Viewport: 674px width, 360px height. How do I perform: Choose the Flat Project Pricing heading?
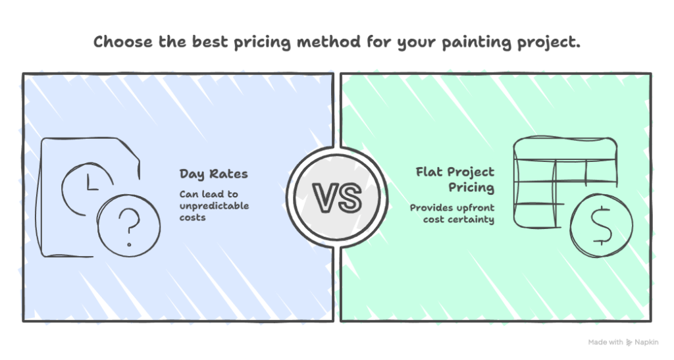455,179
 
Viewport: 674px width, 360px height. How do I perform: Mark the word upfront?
475,207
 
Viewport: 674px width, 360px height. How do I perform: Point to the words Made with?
605,342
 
